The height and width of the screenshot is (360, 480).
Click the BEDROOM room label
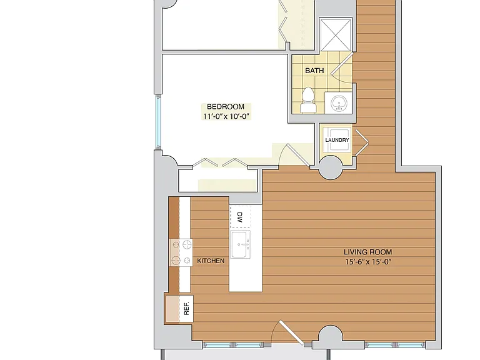coord(226,106)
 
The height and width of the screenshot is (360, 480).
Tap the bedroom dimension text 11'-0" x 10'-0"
coord(226,116)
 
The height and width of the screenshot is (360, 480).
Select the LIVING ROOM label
coord(367,252)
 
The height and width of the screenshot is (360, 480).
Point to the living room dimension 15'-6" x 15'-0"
coord(369,262)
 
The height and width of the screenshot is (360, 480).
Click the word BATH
coord(314,71)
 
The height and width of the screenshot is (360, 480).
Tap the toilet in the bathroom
coord(308,100)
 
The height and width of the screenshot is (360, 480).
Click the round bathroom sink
coord(339,102)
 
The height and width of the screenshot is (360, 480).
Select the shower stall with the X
coord(336,34)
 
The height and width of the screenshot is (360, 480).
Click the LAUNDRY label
coord(337,140)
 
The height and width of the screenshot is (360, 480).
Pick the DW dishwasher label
coord(240,217)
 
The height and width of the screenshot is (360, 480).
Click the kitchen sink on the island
coord(240,244)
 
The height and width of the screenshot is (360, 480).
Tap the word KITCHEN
coord(211,261)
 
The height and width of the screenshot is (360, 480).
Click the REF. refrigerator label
coord(186,309)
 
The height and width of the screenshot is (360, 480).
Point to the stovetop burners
coord(181,252)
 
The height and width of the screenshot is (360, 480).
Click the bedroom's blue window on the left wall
coord(158,121)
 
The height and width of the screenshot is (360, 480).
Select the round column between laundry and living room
coord(331,167)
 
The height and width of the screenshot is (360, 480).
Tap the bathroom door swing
coord(342,68)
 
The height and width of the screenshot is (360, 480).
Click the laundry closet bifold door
coord(361,142)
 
